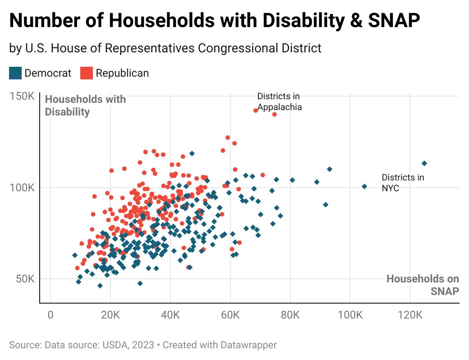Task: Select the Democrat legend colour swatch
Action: pyautogui.click(x=15, y=73)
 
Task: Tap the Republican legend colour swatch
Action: pyautogui.click(x=87, y=73)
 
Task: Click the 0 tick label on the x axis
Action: pyautogui.click(x=51, y=314)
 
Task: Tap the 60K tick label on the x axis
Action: pyautogui.click(x=230, y=314)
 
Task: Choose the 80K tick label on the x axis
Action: pyautogui.click(x=290, y=314)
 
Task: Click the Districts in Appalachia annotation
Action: pyautogui.click(x=279, y=102)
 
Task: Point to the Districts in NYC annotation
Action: pyautogui.click(x=403, y=183)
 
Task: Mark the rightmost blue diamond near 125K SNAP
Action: pyautogui.click(x=424, y=163)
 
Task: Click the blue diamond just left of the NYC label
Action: pyautogui.click(x=364, y=186)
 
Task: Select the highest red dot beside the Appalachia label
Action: pyautogui.click(x=256, y=111)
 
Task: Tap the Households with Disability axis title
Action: pyautogui.click(x=85, y=106)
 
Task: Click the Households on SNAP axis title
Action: pyautogui.click(x=423, y=285)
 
